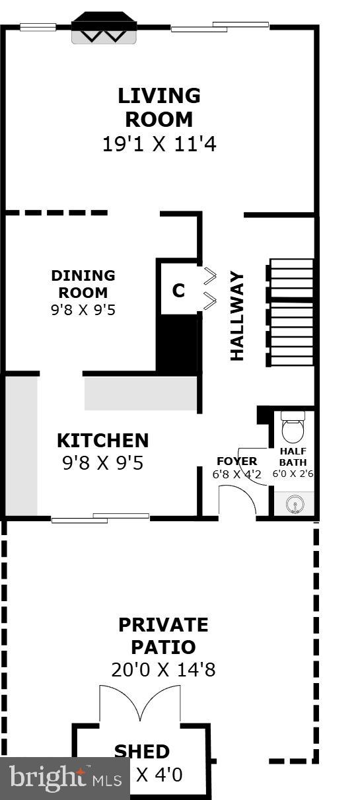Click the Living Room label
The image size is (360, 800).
(x=159, y=108)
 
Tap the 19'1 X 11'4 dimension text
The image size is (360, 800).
(x=159, y=144)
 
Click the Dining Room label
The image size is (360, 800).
(x=83, y=284)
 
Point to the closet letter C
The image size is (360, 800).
(x=178, y=291)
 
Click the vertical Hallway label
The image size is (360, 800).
(x=236, y=316)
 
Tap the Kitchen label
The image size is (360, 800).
(x=102, y=441)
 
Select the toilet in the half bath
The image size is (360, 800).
(x=293, y=428)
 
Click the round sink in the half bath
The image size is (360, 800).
(x=294, y=505)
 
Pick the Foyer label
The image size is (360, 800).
(x=236, y=461)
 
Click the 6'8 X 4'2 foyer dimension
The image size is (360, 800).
(x=236, y=474)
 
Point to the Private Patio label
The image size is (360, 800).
(x=163, y=636)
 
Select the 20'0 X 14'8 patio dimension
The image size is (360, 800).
(x=163, y=670)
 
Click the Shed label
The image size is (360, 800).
(x=142, y=751)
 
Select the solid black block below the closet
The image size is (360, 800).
(x=177, y=344)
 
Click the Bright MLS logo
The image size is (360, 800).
(x=65, y=778)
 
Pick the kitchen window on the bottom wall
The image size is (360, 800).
(x=100, y=518)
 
